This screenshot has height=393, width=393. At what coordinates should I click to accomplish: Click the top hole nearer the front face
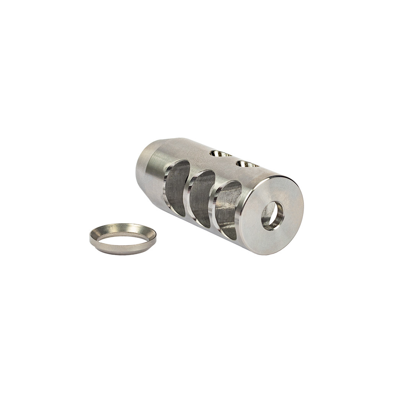point(246,164)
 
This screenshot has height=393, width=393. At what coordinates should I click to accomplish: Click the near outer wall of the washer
point(122,250)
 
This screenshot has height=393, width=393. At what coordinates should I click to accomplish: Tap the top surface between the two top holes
point(233,159)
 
